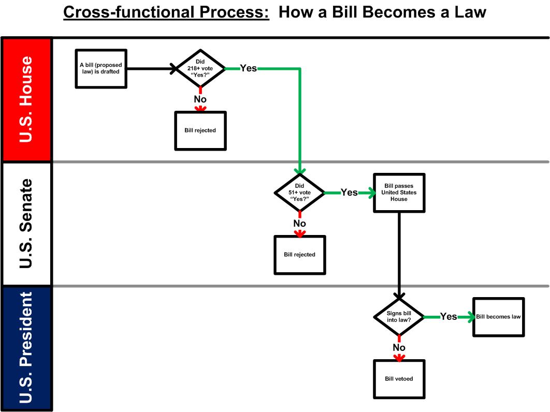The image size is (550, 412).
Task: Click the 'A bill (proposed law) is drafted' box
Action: coord(101,69)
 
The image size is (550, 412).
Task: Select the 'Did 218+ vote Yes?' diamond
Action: coord(200,68)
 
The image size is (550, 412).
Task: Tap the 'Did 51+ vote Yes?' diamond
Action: coord(299,193)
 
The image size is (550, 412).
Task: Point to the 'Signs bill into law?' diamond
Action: coord(399,317)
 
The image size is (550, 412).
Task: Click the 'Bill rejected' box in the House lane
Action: coord(200,131)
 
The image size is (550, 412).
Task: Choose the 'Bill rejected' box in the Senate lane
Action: coord(299,255)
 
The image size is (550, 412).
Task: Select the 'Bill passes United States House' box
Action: coord(399,193)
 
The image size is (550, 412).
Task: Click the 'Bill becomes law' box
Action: coord(498,317)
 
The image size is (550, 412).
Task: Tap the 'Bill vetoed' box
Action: coord(399,379)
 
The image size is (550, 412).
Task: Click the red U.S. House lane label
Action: coord(26,99)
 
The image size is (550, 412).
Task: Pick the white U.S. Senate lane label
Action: coord(26,224)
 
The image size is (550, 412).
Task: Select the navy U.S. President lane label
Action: coord(26,348)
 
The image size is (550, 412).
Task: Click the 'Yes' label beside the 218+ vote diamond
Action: coord(249,68)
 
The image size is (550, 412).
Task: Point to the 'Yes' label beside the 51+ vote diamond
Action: coord(350,193)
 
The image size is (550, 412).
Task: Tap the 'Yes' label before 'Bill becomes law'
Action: coord(448,317)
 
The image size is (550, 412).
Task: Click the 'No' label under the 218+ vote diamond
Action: coord(200,99)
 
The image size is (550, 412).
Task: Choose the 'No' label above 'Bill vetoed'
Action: coord(399,347)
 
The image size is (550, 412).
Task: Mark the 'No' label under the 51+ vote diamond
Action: coord(299,224)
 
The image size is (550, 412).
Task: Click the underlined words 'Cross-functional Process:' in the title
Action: coord(166,12)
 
